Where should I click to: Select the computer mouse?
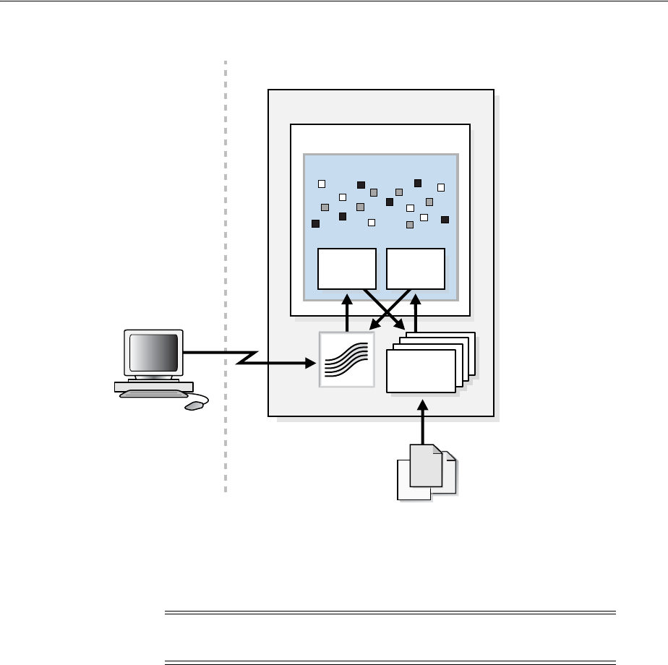(x=194, y=406)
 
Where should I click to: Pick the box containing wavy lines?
(x=347, y=359)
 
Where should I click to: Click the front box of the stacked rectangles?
(x=421, y=370)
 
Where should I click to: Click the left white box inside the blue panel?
(x=347, y=268)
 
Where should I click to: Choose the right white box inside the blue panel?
(x=416, y=268)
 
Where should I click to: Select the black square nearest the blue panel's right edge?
(x=445, y=219)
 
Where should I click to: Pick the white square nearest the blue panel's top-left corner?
(x=322, y=184)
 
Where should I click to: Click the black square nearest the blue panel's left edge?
(x=315, y=223)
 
